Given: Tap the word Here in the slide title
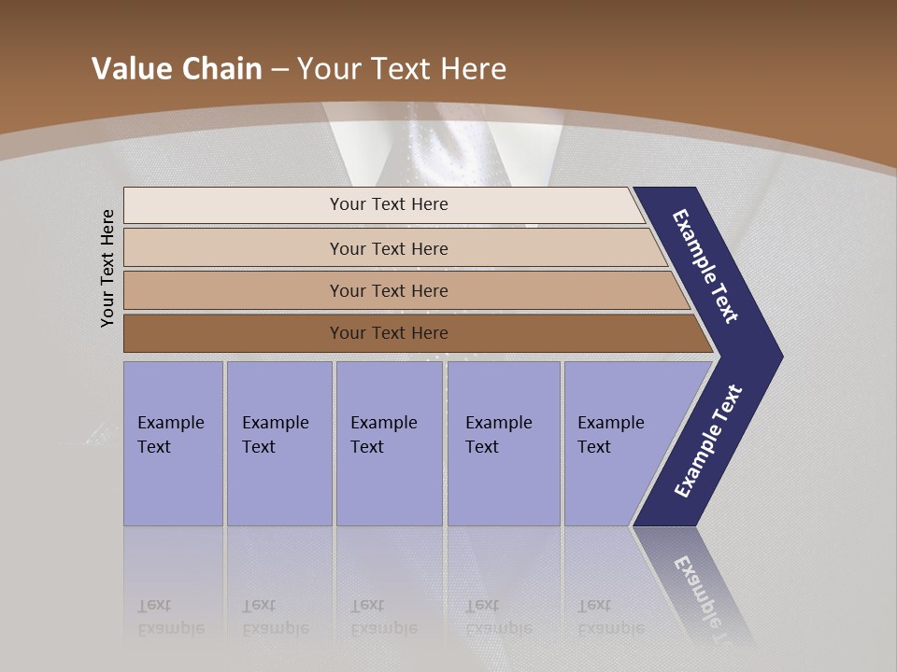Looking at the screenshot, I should (473, 68).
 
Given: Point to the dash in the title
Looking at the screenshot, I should (279, 69).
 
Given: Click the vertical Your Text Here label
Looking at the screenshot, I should (107, 268).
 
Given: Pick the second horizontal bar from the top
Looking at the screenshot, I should (388, 248).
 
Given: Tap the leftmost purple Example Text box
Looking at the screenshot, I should (173, 443).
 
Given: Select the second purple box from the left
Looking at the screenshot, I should (278, 443).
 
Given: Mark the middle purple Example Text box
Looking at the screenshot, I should (389, 443).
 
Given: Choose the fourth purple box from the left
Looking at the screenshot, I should (504, 443).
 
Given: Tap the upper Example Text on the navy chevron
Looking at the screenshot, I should (705, 266).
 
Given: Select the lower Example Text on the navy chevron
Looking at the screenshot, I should (708, 441).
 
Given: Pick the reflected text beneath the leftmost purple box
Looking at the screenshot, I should (170, 617).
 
